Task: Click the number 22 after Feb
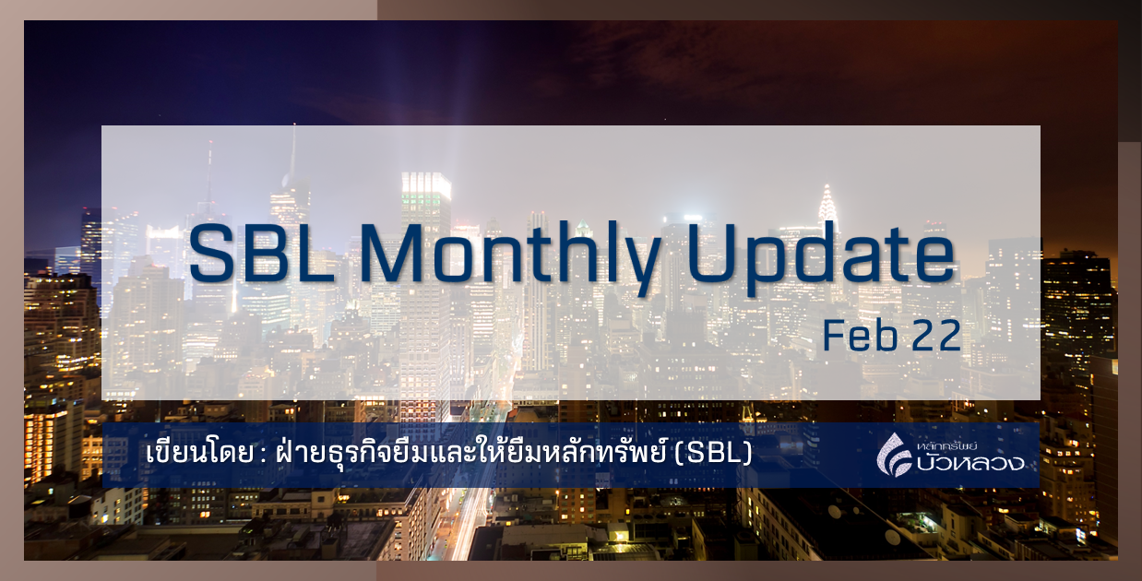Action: [x=934, y=336]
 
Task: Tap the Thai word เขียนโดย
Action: [x=192, y=455]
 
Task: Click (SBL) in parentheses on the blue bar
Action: [x=714, y=455]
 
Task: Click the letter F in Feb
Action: [x=832, y=336]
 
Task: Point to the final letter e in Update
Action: [x=933, y=258]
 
